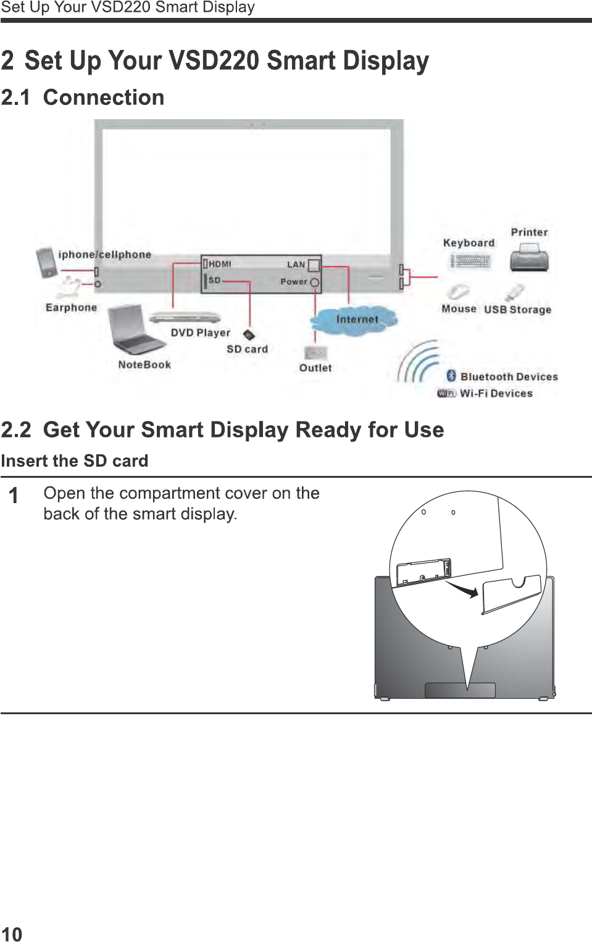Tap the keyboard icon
point(470,262)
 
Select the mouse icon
point(457,291)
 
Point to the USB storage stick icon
point(515,292)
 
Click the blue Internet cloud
point(354,320)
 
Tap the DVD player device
point(185,318)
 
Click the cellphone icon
point(46,262)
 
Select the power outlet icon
point(315,352)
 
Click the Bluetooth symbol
point(451,376)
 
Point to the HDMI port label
point(220,264)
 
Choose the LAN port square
point(314,265)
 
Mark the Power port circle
point(315,283)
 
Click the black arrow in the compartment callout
point(462,589)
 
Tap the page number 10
point(12,934)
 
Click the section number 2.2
point(16,430)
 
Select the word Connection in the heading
point(104,98)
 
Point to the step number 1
point(13,496)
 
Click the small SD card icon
point(248,335)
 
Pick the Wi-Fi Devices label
point(496,393)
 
